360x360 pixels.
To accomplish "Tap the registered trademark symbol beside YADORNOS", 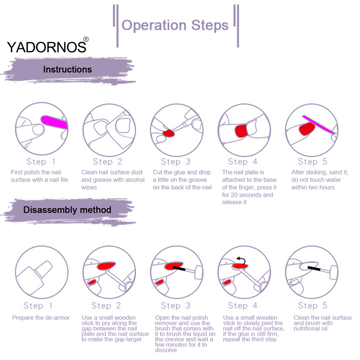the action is (86, 39).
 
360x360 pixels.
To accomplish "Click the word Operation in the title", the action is (154, 25).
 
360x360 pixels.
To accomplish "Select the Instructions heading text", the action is (68, 69).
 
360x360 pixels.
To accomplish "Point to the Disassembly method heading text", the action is (67, 210).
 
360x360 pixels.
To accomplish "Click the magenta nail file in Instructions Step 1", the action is (54, 122).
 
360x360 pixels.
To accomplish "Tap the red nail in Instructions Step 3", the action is (169, 133).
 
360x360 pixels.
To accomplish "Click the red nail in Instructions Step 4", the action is (241, 131).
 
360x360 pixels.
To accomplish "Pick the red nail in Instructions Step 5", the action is (307, 129).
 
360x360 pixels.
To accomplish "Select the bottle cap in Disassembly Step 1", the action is (44, 269).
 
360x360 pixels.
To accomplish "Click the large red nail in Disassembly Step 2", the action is (106, 266).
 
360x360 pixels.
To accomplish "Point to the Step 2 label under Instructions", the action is (107, 162).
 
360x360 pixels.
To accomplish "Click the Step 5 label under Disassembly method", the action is (312, 306).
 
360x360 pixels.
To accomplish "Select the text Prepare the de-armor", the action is (41, 318).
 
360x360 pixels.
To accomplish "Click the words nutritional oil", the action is (310, 329).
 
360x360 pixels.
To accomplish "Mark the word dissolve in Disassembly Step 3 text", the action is (166, 350).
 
